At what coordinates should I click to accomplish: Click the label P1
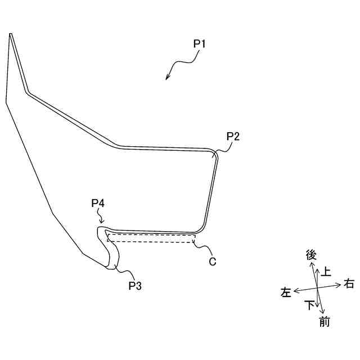(200, 43)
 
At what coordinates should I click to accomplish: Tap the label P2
(233, 136)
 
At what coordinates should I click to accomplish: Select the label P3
(135, 286)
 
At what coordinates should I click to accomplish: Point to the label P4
(98, 202)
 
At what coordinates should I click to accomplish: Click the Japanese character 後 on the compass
(311, 255)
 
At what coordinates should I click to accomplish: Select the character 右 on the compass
(349, 284)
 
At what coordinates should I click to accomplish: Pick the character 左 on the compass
(286, 292)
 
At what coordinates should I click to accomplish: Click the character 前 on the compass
(324, 322)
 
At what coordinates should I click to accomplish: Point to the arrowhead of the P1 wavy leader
(167, 79)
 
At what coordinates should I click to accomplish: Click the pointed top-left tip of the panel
(10, 34)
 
